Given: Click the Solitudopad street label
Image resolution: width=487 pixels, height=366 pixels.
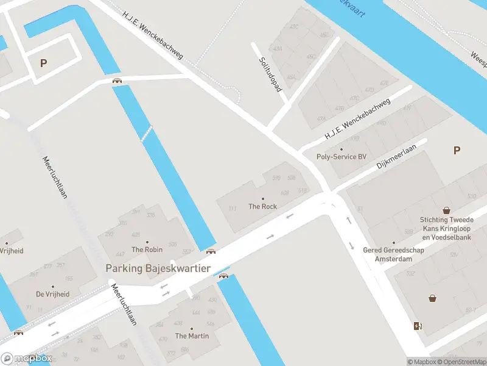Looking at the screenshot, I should pos(271,74).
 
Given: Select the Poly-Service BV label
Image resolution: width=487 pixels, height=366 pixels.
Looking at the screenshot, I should pos(342,157).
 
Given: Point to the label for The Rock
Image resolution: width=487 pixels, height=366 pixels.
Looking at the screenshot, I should pos(262,206).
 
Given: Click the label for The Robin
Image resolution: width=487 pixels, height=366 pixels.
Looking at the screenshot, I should pos(147,249).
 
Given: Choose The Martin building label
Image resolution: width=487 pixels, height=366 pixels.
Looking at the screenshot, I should pos(192,336).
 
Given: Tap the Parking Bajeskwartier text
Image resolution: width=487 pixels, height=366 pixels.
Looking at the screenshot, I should pos(158,268).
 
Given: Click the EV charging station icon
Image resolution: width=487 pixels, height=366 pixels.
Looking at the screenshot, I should pos(417,326).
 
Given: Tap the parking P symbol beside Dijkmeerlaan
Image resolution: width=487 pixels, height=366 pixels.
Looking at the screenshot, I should pos(457,150).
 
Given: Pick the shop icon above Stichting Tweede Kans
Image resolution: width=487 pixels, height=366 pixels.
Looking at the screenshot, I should pos(447,209).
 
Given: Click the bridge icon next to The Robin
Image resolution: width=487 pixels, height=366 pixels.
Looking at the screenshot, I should pos(211,251).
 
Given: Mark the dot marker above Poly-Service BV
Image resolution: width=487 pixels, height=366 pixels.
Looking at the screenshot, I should pos(341,149).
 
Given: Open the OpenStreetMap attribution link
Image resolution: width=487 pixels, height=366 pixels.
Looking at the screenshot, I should pos(464,362).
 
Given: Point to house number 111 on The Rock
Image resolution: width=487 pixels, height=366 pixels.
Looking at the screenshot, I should pos(232,209).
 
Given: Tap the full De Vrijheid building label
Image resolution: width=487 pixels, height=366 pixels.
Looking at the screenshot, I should pos(52,294).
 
